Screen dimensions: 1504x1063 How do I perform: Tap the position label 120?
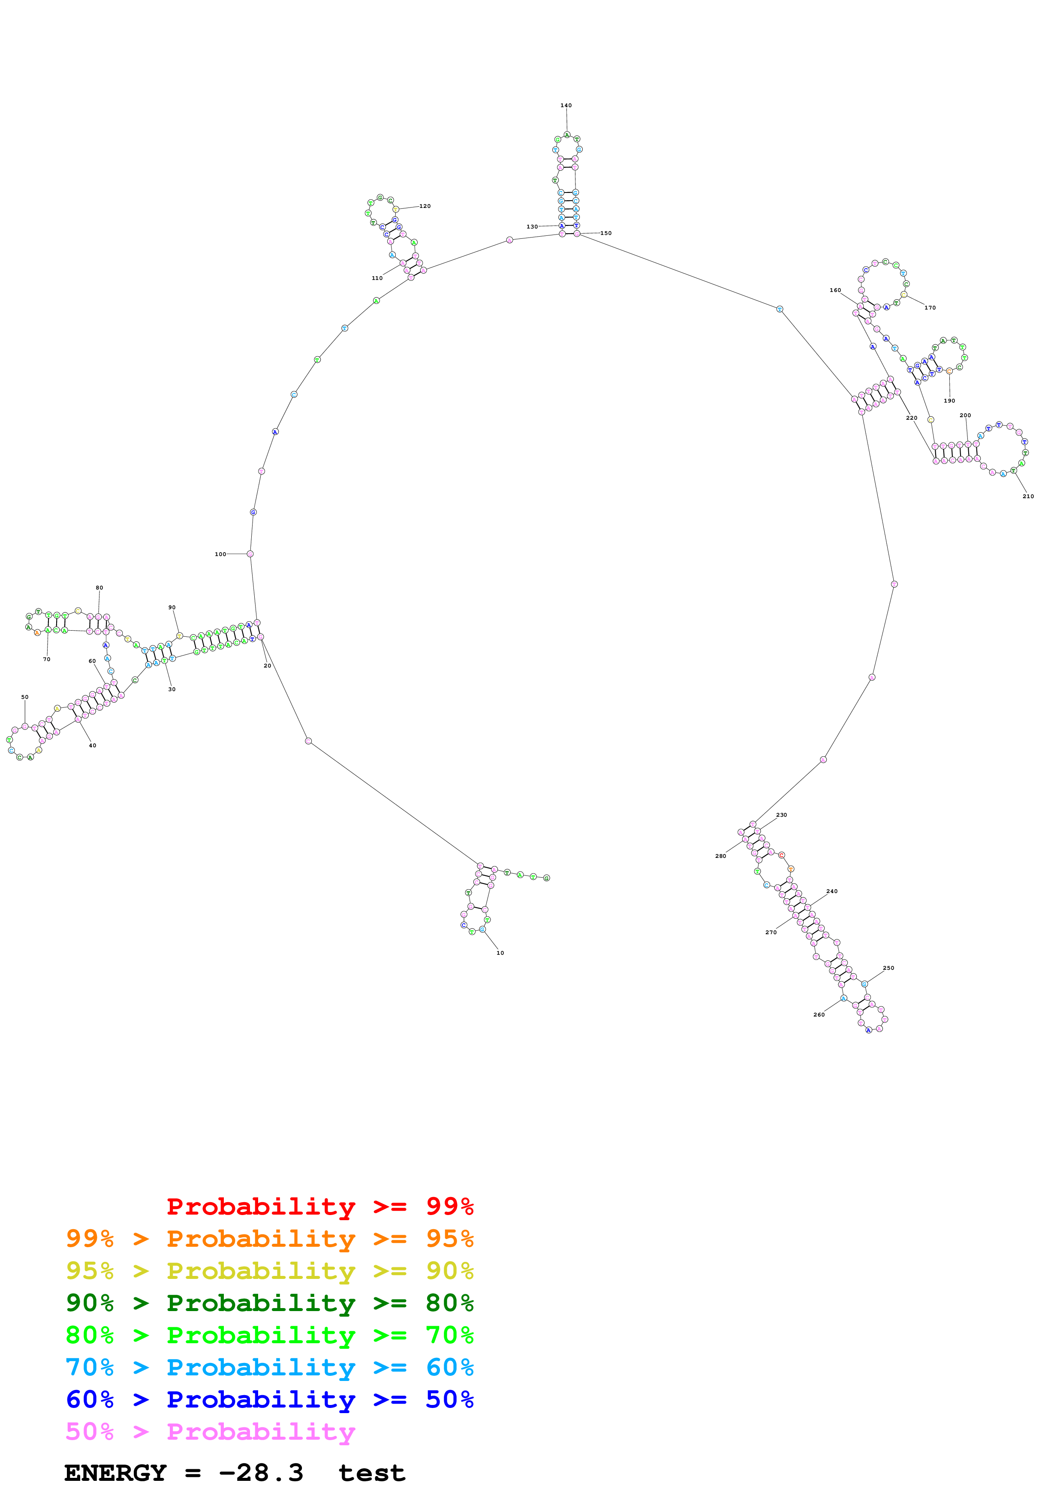click(x=425, y=206)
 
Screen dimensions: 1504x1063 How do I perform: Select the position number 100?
click(x=220, y=554)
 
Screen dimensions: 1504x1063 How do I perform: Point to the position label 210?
click(x=1028, y=496)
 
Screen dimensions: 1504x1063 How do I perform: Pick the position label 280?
click(x=720, y=856)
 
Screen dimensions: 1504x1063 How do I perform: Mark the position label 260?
click(x=819, y=1015)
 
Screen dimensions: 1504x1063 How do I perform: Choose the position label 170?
click(x=930, y=308)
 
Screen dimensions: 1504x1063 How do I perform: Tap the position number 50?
click(x=25, y=698)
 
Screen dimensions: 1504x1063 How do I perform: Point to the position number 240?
click(x=832, y=891)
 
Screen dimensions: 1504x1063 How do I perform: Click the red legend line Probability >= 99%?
click(x=319, y=1206)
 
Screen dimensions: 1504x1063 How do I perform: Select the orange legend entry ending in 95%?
click(x=269, y=1239)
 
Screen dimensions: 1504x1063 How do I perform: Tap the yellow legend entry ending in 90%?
click(x=269, y=1271)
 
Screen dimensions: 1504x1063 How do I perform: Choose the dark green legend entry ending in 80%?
click(x=269, y=1303)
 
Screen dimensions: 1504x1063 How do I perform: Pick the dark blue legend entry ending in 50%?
click(x=269, y=1399)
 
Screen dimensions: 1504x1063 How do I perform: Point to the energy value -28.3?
click(x=261, y=1473)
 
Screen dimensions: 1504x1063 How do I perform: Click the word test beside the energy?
click(x=371, y=1473)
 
